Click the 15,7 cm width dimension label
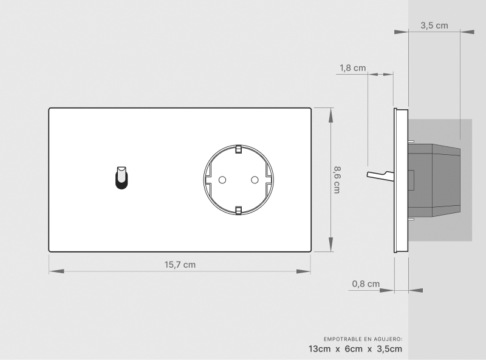[180, 265]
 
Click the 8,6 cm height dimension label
[337, 180]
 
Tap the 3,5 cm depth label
[434, 25]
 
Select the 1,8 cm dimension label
[353, 68]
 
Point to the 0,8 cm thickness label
[366, 284]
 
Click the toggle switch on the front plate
[122, 178]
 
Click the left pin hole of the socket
[222, 180]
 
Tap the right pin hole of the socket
[255, 180]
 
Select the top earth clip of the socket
[238, 149]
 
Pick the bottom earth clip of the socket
[238, 211]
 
